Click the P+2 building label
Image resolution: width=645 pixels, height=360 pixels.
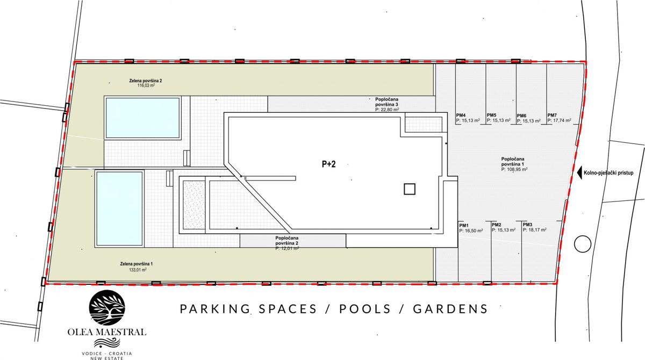pos(328,164)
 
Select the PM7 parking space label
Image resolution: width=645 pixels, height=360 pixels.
pos(552,115)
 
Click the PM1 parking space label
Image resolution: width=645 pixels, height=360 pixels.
pos(464,225)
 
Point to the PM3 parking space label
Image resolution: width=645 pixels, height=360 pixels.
pos(527,225)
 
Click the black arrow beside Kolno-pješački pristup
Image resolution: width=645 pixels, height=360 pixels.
pos(579,172)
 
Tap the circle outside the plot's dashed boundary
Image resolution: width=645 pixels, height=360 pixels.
pos(583,244)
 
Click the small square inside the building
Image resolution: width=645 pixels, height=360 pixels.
pos(409,189)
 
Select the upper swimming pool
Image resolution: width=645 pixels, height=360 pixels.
pos(143,118)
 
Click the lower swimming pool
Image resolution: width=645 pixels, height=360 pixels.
pos(119,208)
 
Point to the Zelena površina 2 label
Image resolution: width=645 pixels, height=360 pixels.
pos(146,81)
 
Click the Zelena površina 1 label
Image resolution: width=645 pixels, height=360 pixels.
pos(137,264)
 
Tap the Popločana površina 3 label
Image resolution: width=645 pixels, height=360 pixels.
pos(386,102)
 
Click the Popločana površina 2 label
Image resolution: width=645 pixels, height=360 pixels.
pos(287,240)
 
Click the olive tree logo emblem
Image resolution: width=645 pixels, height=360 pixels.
pos(107,308)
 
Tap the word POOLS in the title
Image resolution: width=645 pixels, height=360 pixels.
pos(365,309)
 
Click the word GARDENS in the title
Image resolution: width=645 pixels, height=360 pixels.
pos(450,309)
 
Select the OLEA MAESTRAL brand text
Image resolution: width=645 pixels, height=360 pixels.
pos(107,332)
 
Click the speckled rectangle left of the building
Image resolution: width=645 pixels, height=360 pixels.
pos(193,205)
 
